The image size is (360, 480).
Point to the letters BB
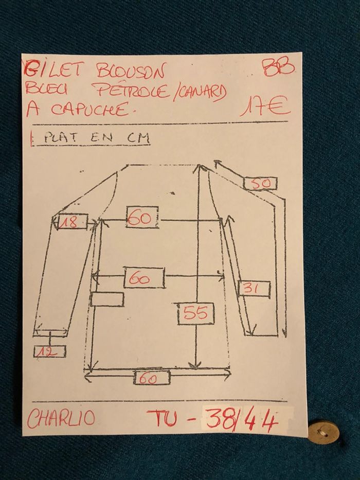tap(278, 67)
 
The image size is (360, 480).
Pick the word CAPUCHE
tap(88, 110)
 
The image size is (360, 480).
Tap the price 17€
tap(266, 107)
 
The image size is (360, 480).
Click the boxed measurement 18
tap(72, 223)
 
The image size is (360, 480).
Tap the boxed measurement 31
tap(254, 289)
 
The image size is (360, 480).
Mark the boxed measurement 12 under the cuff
tap(49, 351)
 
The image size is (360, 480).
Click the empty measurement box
tap(107, 299)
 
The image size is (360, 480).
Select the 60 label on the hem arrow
tap(152, 378)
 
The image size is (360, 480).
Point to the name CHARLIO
tap(61, 418)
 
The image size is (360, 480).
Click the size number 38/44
tap(242, 421)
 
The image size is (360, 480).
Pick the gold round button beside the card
tap(323, 432)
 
